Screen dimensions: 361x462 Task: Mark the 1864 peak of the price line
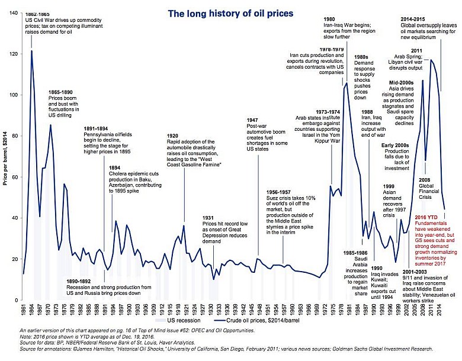point(31,51)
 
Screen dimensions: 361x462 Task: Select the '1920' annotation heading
point(174,135)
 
